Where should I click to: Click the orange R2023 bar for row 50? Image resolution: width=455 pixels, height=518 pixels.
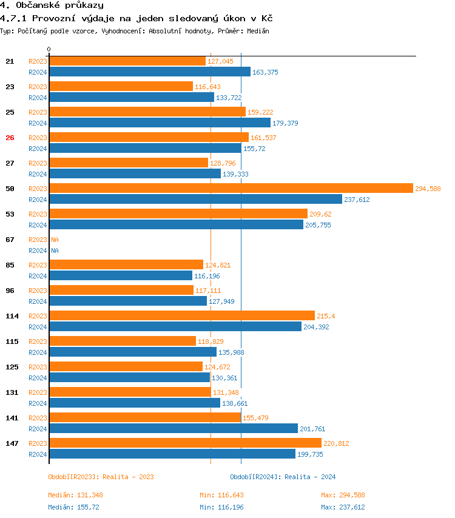(231, 188)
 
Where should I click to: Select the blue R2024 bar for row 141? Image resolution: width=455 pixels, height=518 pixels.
(173, 428)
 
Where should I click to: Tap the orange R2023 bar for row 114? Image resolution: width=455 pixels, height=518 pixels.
(181, 315)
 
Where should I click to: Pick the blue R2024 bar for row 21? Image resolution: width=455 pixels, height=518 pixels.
(149, 72)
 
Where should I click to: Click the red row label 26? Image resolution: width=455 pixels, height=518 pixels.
(10, 138)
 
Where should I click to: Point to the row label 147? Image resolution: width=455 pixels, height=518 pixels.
(12, 443)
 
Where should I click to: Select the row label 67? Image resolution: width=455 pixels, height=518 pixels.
(10, 240)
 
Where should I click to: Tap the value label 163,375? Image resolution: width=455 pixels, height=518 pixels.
(265, 72)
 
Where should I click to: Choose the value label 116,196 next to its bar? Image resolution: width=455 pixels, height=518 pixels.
(207, 276)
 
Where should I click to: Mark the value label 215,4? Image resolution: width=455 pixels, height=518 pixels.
(326, 316)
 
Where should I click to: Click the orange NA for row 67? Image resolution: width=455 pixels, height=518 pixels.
(55, 240)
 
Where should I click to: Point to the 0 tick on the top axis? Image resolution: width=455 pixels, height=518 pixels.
(49, 49)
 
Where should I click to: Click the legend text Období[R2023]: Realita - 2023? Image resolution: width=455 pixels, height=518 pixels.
(101, 477)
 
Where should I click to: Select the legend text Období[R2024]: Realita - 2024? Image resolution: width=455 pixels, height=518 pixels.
(283, 477)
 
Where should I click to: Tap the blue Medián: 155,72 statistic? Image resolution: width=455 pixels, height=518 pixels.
(73, 507)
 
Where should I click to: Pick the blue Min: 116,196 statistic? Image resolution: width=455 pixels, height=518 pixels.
(221, 507)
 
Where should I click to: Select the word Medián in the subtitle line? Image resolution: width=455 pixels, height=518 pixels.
(257, 30)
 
